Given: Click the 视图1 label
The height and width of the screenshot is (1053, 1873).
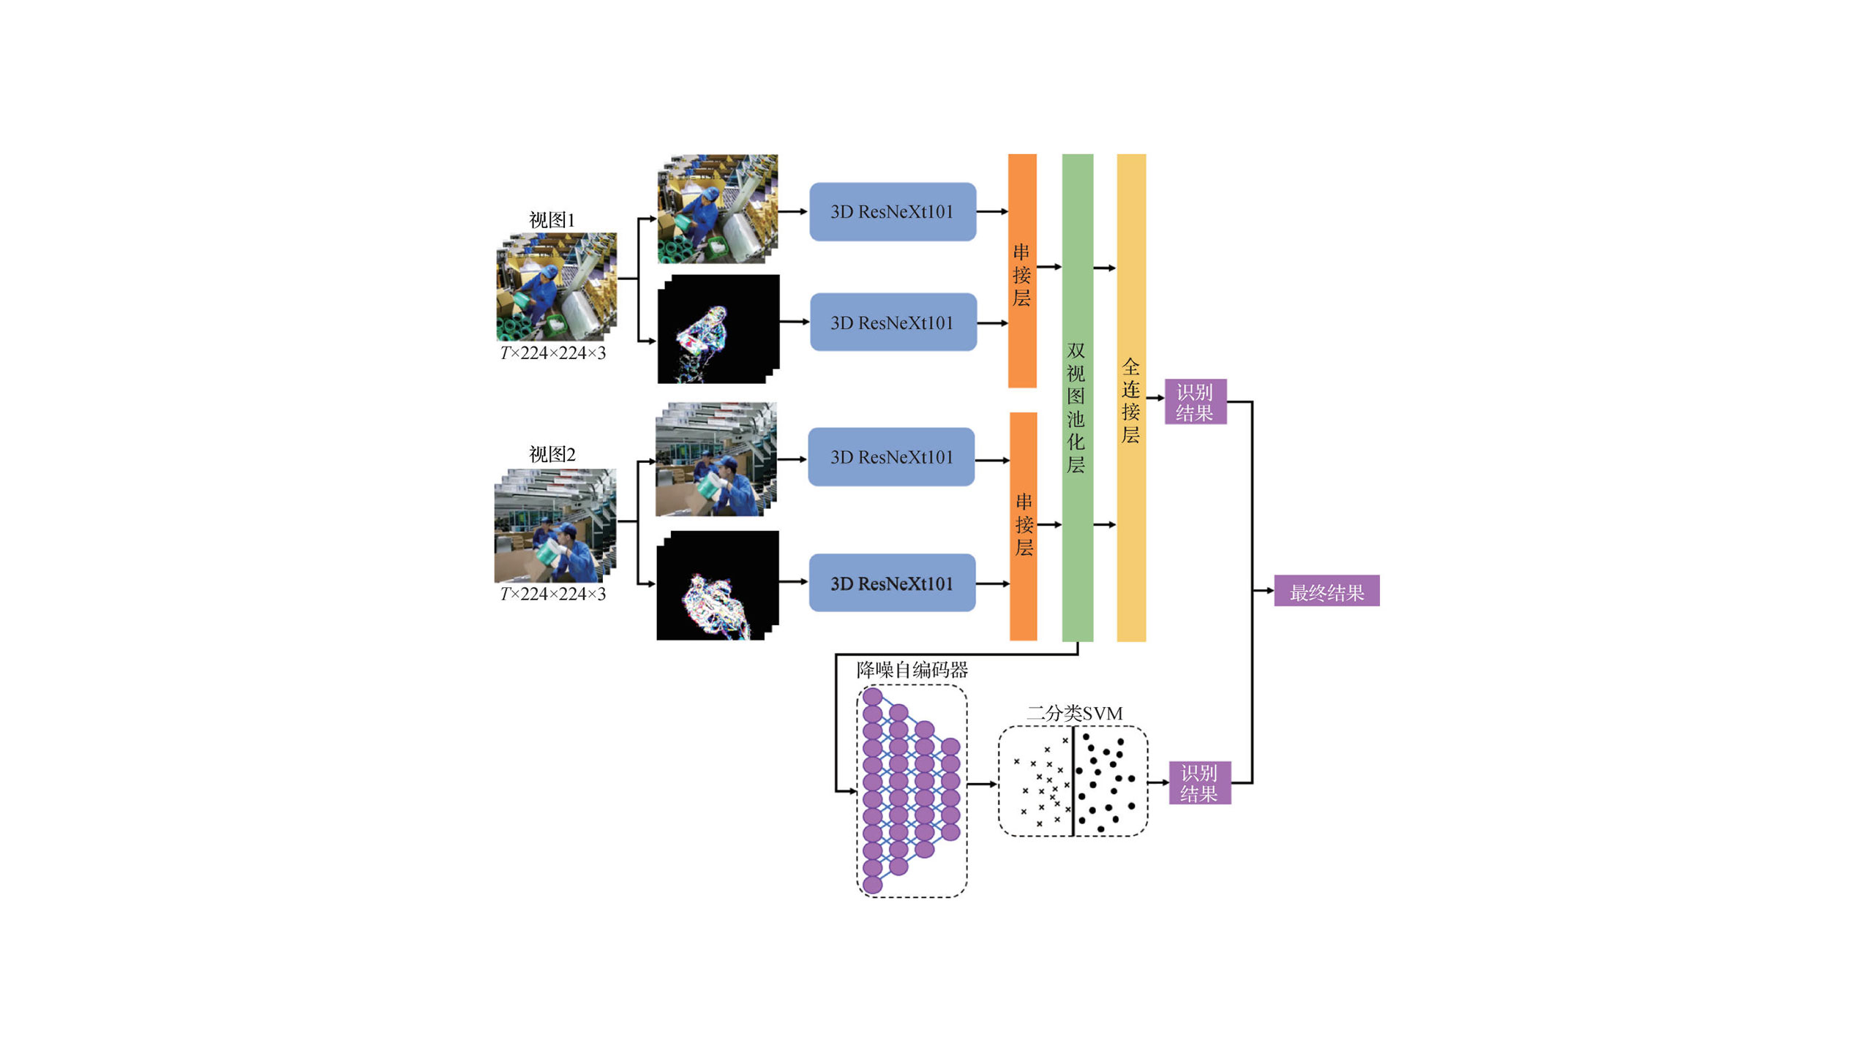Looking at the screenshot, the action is (552, 219).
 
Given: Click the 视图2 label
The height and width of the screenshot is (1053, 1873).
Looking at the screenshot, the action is (552, 454).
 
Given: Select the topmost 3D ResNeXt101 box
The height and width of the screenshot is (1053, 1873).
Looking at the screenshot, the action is (893, 211).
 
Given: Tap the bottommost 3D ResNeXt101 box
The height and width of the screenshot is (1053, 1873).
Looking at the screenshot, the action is (892, 583).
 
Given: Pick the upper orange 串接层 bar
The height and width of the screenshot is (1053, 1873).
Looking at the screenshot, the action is (1022, 271).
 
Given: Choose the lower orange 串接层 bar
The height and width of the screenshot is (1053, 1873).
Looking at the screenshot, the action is (1024, 526).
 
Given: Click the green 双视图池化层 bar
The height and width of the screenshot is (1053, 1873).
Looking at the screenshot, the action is (1078, 398).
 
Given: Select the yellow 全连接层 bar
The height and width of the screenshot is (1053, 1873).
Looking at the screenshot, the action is (1131, 398).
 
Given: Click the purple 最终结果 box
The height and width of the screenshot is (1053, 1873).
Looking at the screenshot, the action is (1326, 591).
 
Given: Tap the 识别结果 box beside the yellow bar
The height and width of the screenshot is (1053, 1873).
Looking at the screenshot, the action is (1196, 401).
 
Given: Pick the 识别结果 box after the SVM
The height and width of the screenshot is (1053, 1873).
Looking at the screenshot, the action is (1200, 782).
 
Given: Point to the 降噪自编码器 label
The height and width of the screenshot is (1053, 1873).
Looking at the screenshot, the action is (912, 669).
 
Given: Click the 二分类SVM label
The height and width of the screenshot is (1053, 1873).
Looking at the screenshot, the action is (1074, 713).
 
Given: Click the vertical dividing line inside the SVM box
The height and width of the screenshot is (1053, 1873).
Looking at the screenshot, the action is (1073, 781).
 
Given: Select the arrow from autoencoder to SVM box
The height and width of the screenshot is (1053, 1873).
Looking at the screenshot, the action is (983, 784).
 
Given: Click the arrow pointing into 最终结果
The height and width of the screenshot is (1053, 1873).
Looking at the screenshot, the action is (1264, 590).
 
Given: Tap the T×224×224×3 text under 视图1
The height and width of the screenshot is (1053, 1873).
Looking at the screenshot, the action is (553, 352).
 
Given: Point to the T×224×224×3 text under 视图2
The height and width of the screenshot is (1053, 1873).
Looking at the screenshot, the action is (553, 594).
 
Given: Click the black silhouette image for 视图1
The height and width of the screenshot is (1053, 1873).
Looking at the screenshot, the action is (718, 329).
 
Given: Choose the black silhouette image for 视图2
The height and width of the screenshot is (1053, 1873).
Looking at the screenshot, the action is (718, 586).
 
